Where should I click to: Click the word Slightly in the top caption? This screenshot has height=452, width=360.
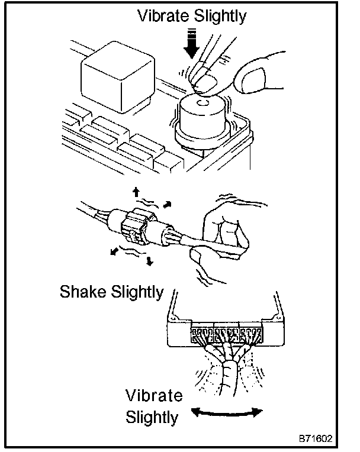217,17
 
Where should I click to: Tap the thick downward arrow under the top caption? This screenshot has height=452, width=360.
191,49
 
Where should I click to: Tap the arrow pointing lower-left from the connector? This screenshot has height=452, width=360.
113,251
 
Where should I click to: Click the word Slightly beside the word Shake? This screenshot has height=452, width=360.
136,292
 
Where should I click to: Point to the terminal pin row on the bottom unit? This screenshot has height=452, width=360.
226,335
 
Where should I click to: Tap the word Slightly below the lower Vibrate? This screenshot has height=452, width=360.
152,417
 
